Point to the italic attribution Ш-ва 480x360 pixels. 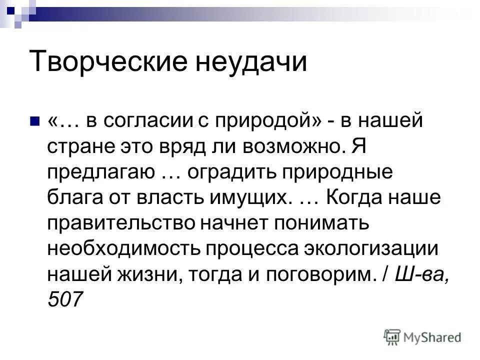tap(418, 275)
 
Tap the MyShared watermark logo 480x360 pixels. tap(422, 337)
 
